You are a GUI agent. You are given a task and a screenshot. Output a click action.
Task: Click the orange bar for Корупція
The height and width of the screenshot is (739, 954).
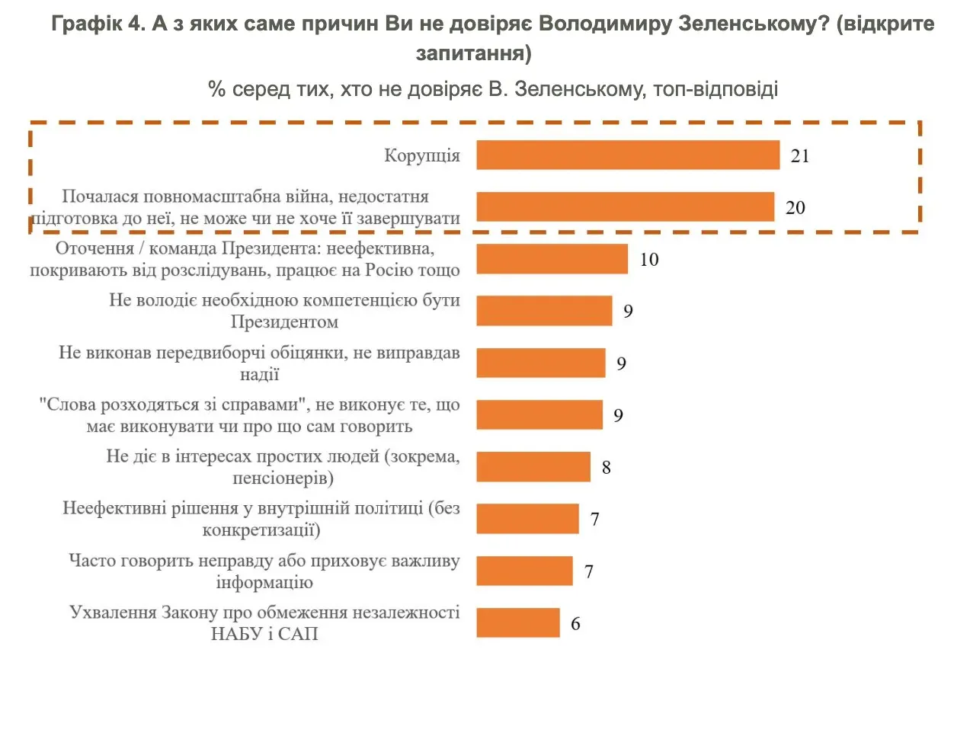[x=628, y=155]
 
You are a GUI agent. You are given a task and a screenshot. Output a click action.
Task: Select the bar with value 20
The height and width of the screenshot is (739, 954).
[x=625, y=207]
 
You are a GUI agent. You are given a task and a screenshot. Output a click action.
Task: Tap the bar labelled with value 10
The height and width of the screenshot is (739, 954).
[x=552, y=259]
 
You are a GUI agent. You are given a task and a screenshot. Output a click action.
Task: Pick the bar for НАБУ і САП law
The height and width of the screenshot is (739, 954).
[x=518, y=622]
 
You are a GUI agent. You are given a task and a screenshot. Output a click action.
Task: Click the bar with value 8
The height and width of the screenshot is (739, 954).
[x=533, y=467]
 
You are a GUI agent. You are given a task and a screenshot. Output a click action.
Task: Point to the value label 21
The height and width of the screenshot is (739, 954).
[x=800, y=156]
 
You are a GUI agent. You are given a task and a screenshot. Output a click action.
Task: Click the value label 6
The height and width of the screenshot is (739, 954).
[x=575, y=624]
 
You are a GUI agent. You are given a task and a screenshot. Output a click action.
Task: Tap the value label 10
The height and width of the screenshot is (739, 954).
[x=649, y=260]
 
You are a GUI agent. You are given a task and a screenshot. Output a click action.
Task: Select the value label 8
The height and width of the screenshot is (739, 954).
[x=607, y=468]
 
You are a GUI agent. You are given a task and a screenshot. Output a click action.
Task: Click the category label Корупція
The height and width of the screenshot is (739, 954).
[x=421, y=156]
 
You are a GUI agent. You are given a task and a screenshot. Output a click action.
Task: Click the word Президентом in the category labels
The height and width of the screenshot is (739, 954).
[x=284, y=322]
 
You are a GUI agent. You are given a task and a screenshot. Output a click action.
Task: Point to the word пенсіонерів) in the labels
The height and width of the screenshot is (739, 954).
[x=283, y=478]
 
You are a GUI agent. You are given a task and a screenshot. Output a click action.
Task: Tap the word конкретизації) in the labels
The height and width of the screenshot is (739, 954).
[x=261, y=530]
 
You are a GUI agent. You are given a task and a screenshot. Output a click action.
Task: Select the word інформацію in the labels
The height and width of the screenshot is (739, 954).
[x=264, y=583]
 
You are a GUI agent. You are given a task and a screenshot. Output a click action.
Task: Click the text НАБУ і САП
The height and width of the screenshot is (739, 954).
[x=264, y=634]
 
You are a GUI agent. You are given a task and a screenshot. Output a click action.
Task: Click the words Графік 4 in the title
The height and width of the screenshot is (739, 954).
[x=98, y=24]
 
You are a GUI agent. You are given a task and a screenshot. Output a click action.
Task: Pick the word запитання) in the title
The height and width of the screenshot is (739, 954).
[x=474, y=53]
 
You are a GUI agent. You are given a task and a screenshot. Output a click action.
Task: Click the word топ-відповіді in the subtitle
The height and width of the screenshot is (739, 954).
[x=715, y=89]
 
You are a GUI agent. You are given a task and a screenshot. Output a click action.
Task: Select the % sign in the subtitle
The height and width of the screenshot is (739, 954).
[x=216, y=90]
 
